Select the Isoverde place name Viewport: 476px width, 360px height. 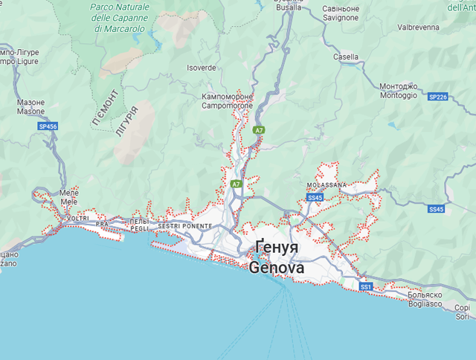[x=201, y=67]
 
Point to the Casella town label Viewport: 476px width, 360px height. [x=346, y=57]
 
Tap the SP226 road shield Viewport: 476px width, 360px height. [x=438, y=97]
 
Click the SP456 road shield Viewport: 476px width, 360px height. [x=48, y=127]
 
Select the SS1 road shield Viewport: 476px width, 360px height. [x=365, y=286]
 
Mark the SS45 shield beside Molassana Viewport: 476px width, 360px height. [x=315, y=198]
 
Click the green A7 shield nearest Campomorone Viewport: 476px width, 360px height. [x=259, y=130]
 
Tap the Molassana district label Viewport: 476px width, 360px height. [x=326, y=184]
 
